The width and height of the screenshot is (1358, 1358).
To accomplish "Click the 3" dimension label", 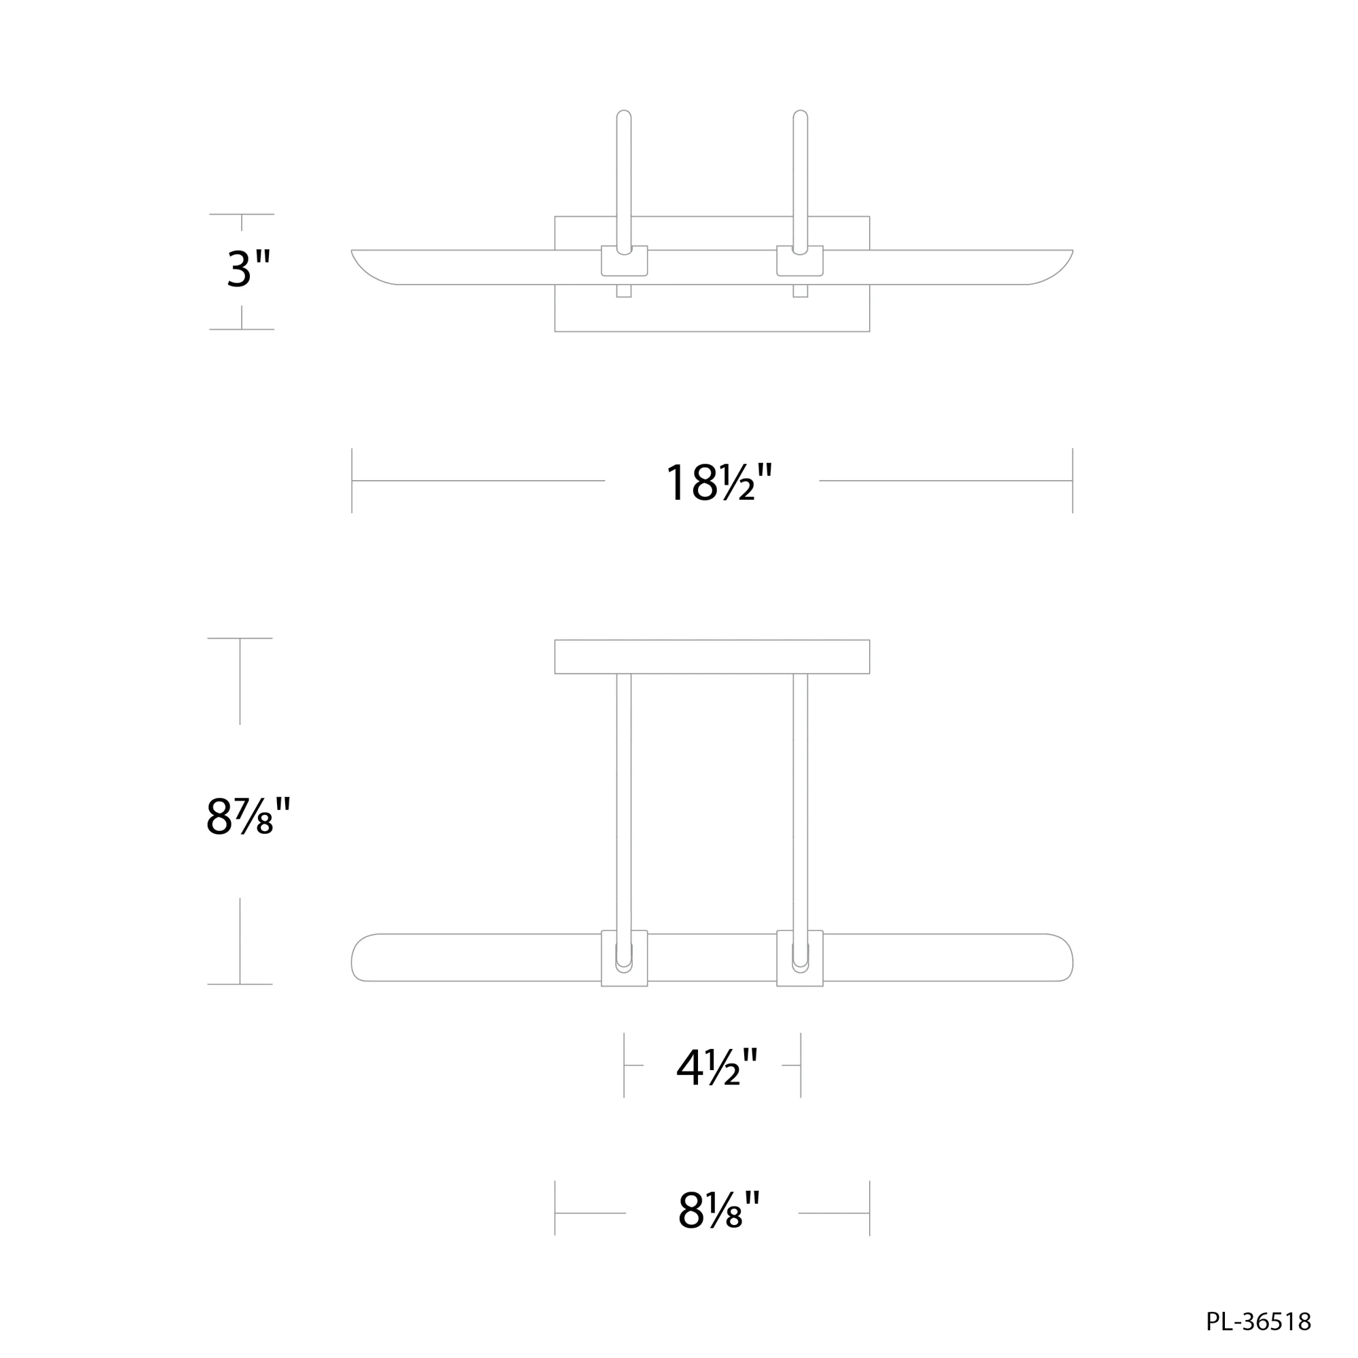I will pos(248,268).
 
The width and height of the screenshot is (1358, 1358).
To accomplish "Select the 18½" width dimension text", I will pos(718,483).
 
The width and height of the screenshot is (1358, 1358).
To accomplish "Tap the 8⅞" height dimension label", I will pos(247,817).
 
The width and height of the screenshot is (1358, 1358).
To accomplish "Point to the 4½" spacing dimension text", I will pos(717,1067).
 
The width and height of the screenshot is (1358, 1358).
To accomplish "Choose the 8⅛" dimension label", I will pos(718,1211).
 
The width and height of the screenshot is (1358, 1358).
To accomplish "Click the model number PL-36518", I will pos(1258,1321).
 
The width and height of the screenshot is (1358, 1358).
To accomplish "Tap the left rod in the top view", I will pos(623,176).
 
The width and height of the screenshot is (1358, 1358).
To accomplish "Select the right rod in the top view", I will pos(800,176).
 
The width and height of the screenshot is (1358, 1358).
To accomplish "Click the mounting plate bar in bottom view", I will pos(712,657).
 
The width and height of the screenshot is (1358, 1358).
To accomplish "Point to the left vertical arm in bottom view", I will pos(623,801).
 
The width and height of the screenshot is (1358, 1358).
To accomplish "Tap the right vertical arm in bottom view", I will pos(800,801).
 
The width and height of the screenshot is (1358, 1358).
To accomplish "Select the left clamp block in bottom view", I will pos(624,959).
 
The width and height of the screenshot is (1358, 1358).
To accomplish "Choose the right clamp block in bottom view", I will pos(800,959).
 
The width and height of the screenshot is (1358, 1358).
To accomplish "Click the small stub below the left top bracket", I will pos(623,291).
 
